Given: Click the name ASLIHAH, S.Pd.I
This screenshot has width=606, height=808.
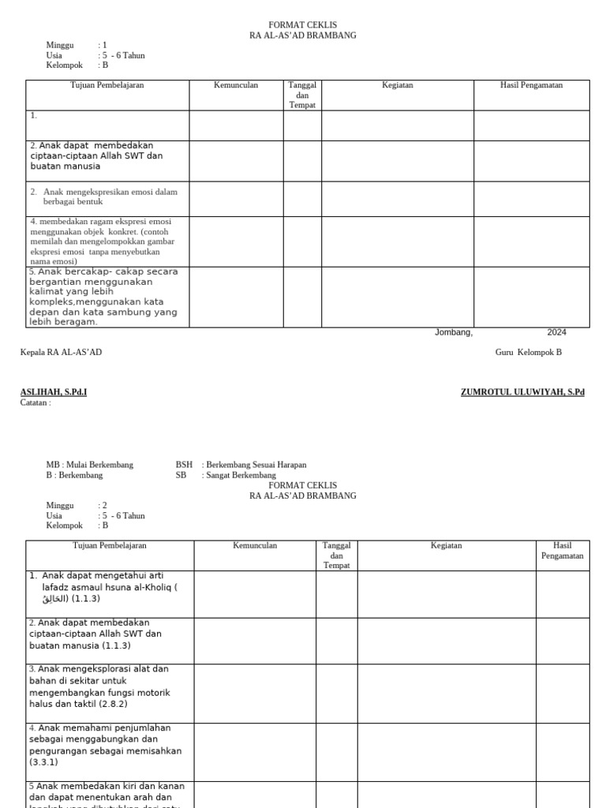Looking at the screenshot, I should click(x=54, y=392).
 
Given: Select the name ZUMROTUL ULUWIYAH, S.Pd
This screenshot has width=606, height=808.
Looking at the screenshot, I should click(x=522, y=392).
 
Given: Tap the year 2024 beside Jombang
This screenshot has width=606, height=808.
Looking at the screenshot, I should click(x=556, y=332).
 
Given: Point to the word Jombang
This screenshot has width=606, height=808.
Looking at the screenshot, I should click(x=454, y=332).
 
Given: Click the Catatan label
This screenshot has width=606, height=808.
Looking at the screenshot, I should click(x=36, y=402).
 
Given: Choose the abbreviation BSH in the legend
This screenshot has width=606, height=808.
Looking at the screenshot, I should click(x=184, y=465).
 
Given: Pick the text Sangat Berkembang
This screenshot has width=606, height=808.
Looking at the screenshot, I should click(x=239, y=476).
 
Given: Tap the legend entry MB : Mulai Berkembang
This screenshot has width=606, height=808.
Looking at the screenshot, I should click(x=90, y=465).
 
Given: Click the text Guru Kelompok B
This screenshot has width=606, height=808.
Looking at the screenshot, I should click(x=528, y=352).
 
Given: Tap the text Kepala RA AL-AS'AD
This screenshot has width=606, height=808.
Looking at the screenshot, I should click(x=61, y=352).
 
